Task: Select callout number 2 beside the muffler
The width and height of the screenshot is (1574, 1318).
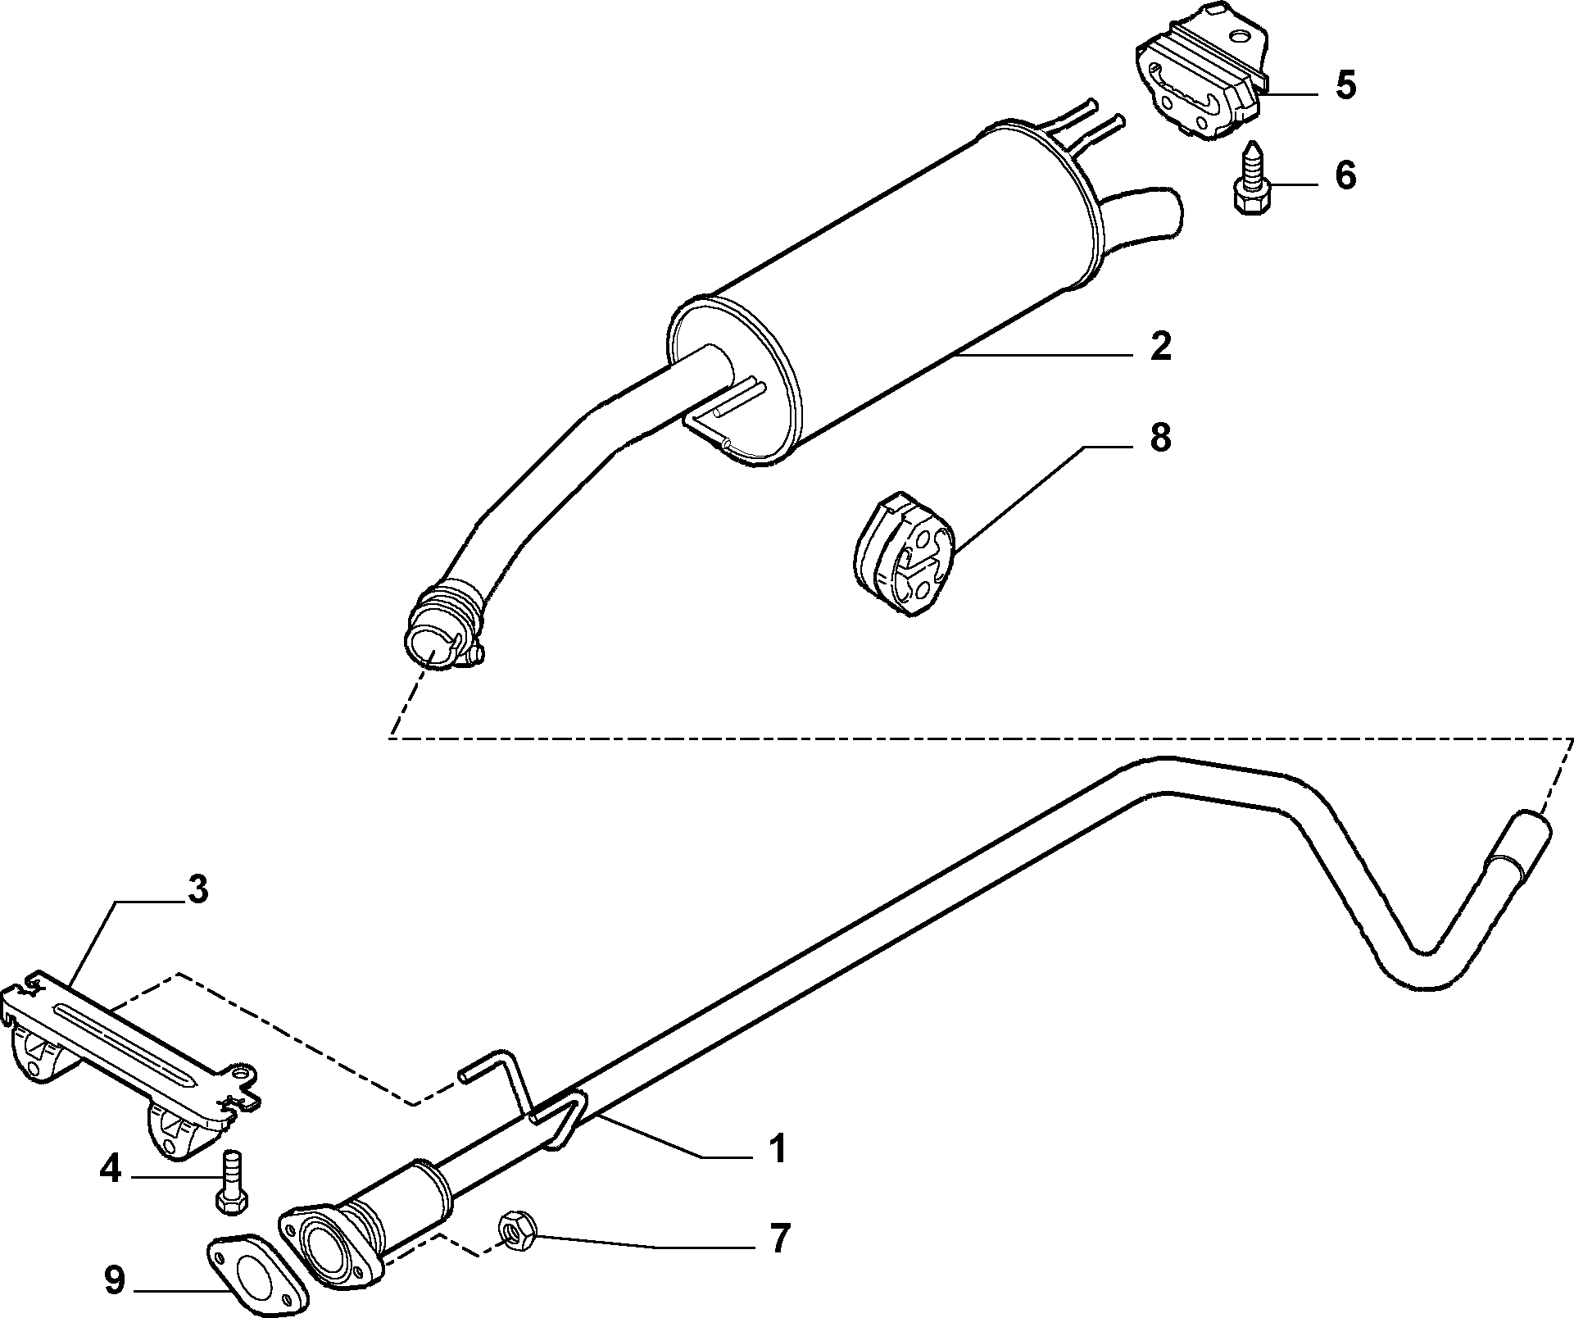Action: click(x=1160, y=347)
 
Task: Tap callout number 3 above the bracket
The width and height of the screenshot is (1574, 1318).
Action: click(x=197, y=889)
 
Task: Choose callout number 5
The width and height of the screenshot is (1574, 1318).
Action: click(x=1345, y=85)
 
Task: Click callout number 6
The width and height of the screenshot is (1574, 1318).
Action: click(x=1345, y=175)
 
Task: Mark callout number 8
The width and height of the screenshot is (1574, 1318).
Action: click(x=1160, y=438)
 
